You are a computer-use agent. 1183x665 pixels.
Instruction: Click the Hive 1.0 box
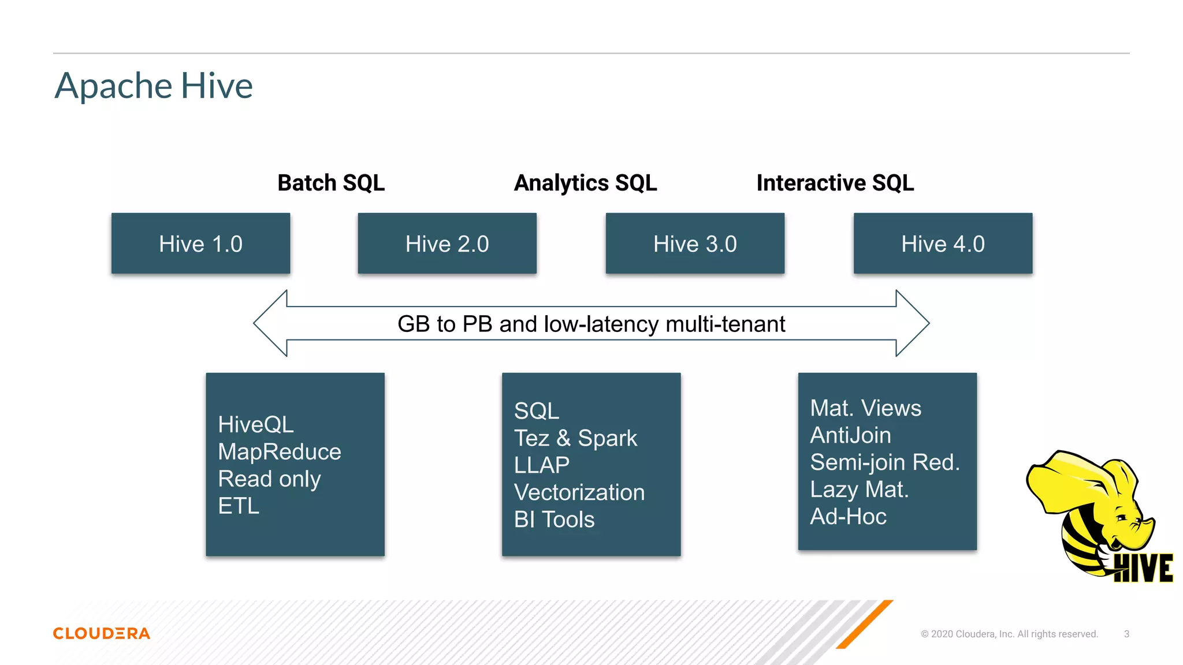tap(200, 244)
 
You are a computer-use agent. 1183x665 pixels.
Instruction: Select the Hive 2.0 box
tap(447, 244)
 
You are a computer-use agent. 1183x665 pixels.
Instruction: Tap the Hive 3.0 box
tap(695, 244)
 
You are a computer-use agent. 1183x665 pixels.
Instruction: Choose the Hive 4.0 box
tap(943, 244)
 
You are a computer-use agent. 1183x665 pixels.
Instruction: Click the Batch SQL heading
tap(331, 183)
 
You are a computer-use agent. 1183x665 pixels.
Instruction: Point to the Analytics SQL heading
tap(585, 183)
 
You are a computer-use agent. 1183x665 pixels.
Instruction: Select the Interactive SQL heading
tap(835, 183)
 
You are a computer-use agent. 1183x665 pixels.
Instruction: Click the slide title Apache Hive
tap(154, 85)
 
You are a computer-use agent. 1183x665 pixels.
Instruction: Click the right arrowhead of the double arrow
tap(912, 323)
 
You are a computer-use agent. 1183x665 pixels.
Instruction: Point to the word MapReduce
tap(280, 451)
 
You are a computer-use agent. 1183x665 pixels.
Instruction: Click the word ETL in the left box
tap(239, 506)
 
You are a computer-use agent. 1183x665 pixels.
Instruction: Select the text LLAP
tap(542, 465)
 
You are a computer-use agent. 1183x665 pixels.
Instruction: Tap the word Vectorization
tap(579, 492)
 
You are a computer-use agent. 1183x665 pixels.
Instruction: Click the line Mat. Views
tap(865, 408)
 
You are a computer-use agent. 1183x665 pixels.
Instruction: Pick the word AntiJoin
tap(850, 435)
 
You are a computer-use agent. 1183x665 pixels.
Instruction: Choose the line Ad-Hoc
tap(848, 517)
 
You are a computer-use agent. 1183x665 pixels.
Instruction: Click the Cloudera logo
tap(102, 633)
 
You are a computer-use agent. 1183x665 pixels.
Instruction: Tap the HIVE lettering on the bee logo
tap(1143, 568)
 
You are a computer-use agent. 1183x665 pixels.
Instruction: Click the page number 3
tap(1126, 634)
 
